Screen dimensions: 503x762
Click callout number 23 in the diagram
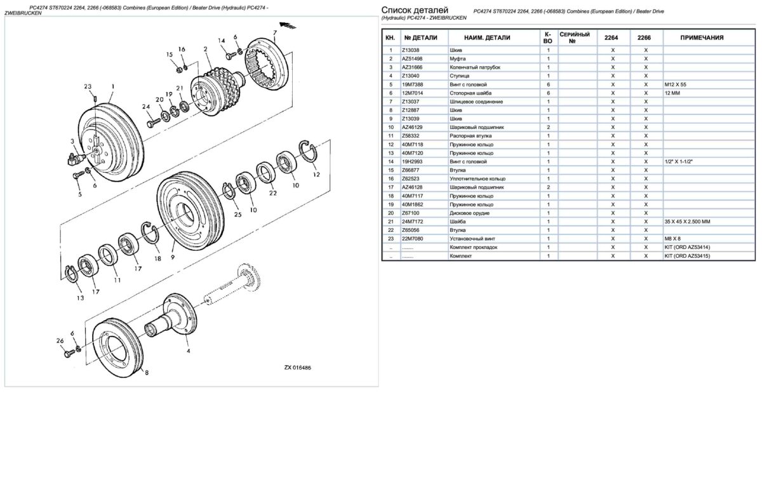click(88, 86)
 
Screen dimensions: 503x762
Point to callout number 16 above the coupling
click(182, 50)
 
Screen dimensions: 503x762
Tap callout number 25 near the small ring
click(237, 215)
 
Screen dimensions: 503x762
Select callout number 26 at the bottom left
click(60, 340)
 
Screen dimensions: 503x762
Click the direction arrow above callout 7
click(291, 25)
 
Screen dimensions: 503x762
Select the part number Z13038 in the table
click(411, 50)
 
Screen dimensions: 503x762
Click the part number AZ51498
click(413, 58)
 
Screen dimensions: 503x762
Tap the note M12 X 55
click(676, 84)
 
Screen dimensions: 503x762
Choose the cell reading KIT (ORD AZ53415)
click(687, 256)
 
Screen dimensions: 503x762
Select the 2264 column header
click(613, 37)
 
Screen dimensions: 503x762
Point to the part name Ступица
click(460, 76)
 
